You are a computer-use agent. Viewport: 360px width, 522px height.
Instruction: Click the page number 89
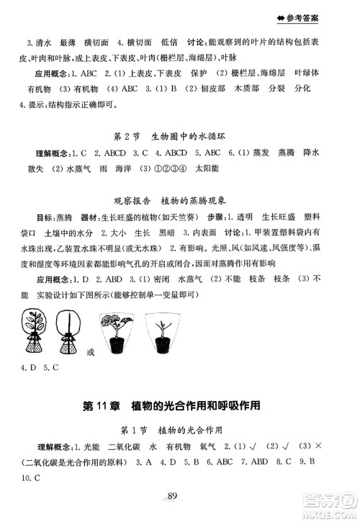click(x=171, y=494)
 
